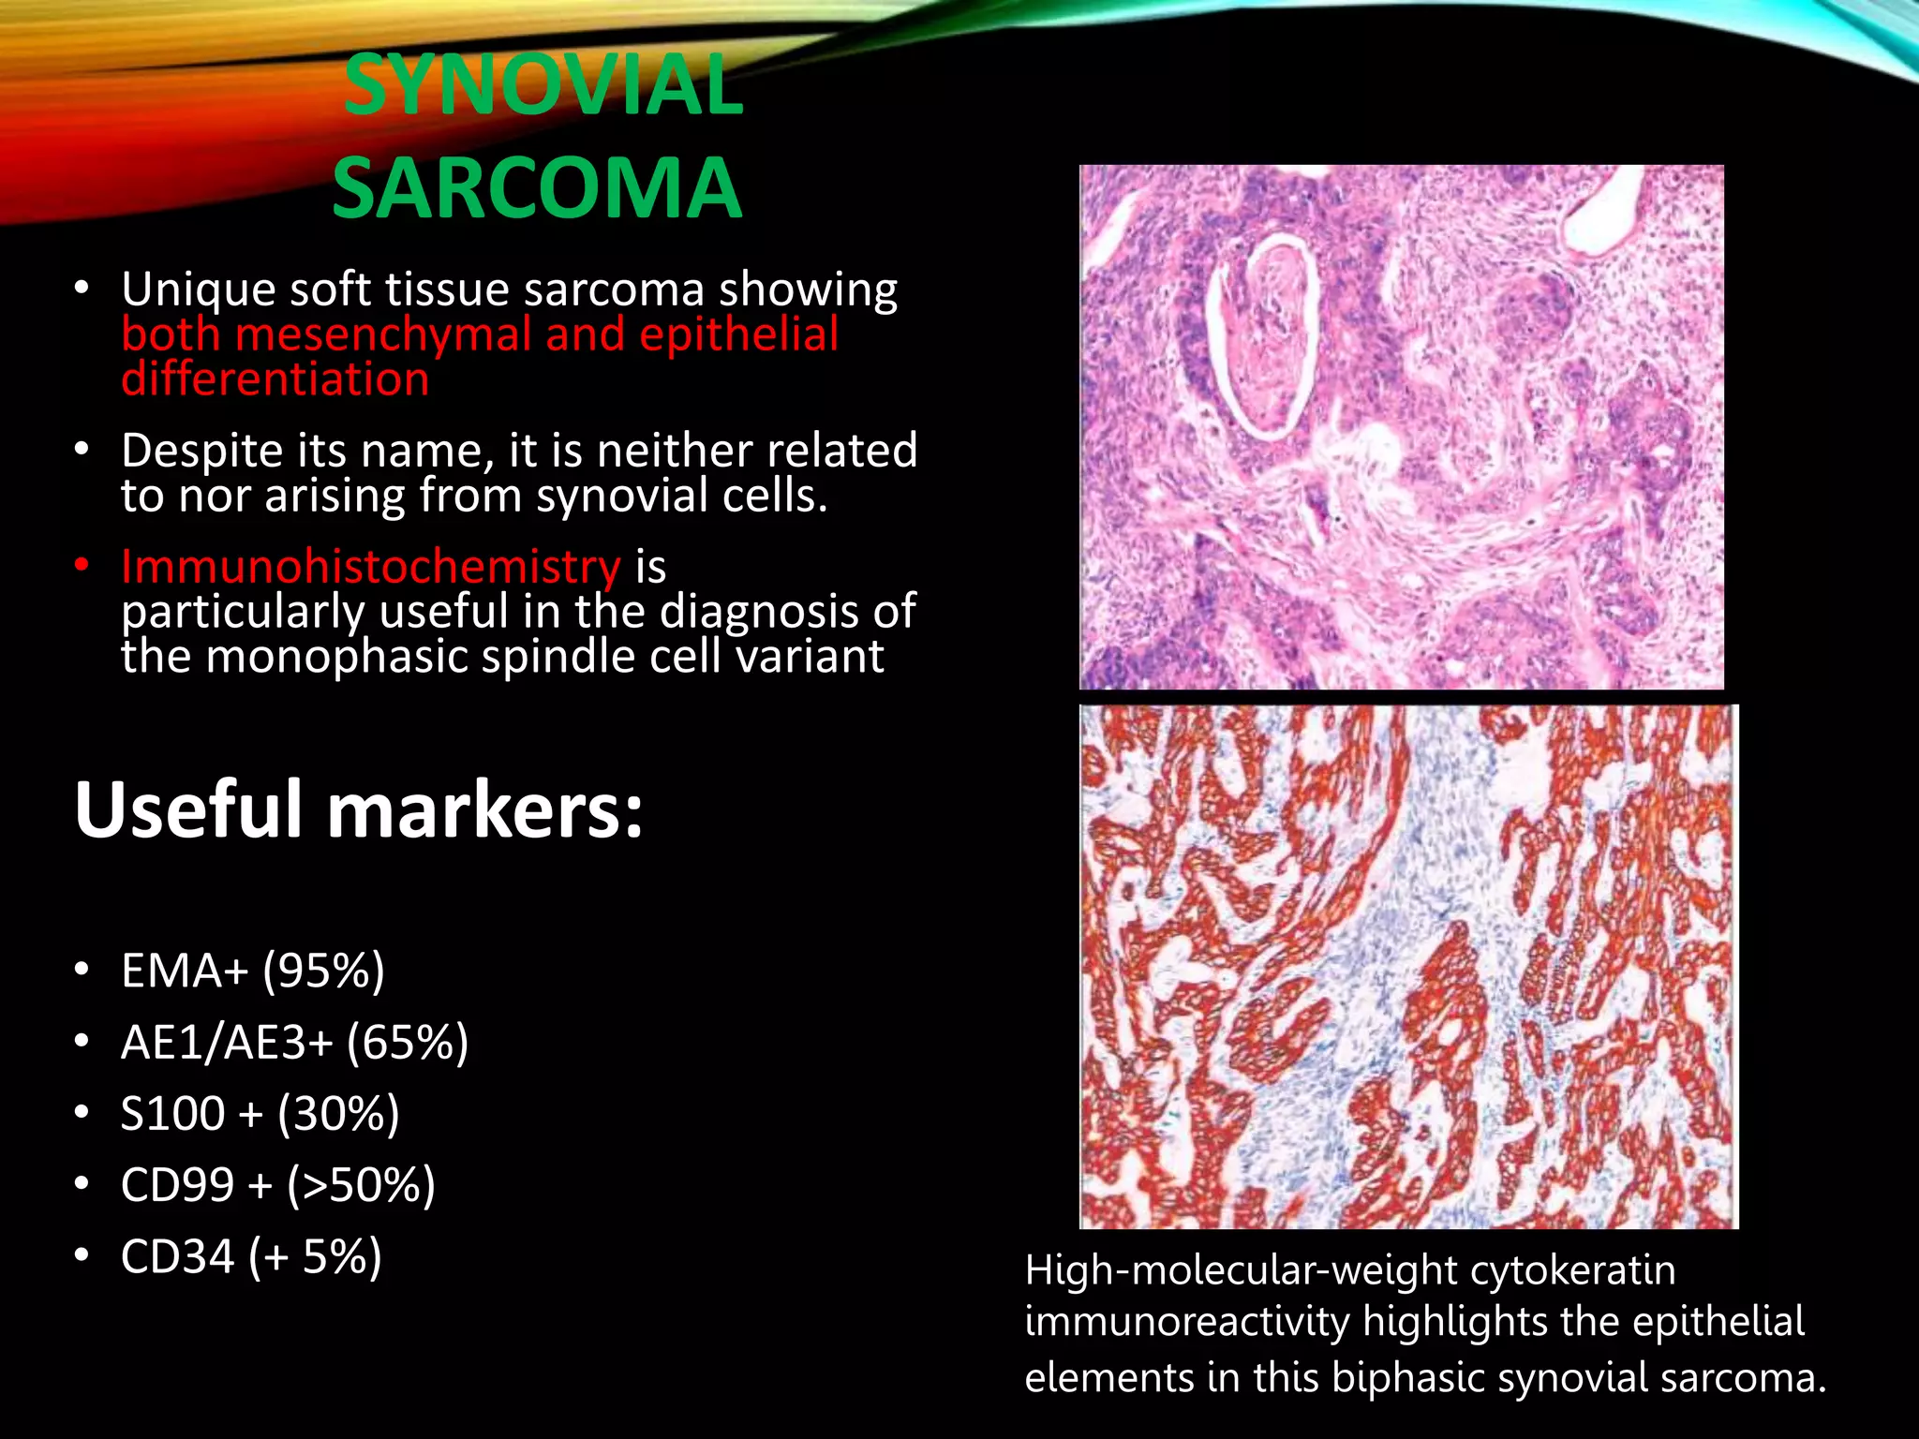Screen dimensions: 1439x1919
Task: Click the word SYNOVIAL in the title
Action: [x=543, y=86]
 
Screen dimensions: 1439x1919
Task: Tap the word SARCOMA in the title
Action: [x=537, y=189]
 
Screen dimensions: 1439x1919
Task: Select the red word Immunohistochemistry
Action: [x=371, y=567]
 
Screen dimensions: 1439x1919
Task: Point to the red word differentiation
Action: [x=275, y=379]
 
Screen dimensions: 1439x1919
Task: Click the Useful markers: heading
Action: [x=359, y=810]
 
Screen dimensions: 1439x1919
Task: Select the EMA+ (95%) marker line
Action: [x=253, y=971]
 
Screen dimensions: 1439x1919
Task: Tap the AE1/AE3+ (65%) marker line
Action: [x=294, y=1042]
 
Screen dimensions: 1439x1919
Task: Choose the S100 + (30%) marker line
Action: [x=260, y=1114]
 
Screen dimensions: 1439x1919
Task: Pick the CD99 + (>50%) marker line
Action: [x=278, y=1185]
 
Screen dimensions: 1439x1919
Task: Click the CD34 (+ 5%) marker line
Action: [x=251, y=1256]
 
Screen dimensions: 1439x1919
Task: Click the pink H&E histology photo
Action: [x=1402, y=427]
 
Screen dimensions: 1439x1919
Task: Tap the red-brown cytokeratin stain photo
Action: [x=1408, y=967]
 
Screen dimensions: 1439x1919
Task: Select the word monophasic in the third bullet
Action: [x=338, y=657]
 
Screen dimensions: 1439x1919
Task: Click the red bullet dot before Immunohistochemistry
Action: [x=82, y=565]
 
